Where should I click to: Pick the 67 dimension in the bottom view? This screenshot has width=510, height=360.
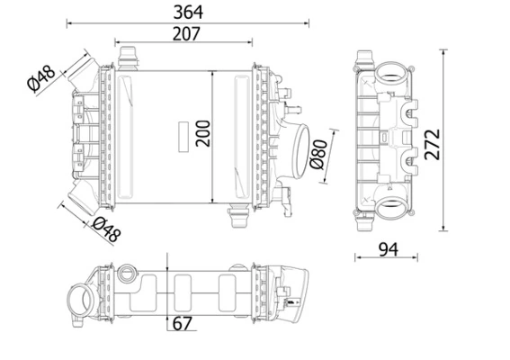(182, 324)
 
